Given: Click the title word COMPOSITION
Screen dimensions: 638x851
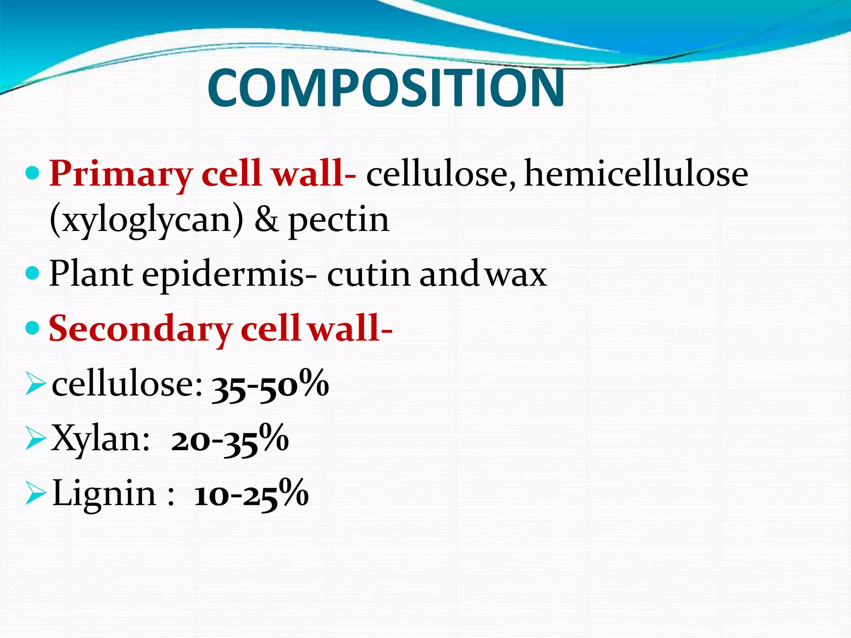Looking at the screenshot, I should [x=386, y=88].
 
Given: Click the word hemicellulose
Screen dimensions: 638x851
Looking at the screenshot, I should [x=636, y=174].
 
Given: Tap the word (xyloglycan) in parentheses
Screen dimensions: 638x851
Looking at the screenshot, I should [x=146, y=220].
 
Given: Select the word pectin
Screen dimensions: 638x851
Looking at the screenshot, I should [x=339, y=220].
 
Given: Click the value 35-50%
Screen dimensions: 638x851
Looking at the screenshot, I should [x=270, y=385].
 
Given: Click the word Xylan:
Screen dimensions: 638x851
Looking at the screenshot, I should [x=100, y=439].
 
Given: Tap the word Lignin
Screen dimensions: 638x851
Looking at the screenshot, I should [x=104, y=493].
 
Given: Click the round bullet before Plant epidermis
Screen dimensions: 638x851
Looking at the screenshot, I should [x=32, y=273].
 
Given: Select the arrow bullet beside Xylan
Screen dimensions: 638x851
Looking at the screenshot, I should [x=35, y=439].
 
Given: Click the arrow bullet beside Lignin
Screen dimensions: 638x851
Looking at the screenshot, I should [x=35, y=493].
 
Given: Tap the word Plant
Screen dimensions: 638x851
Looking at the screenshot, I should [x=91, y=275].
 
